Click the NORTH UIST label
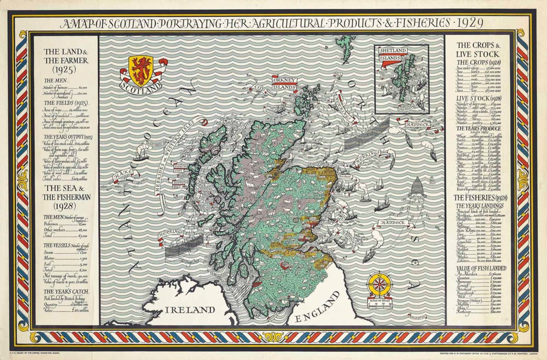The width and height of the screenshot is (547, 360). point(180,168)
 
